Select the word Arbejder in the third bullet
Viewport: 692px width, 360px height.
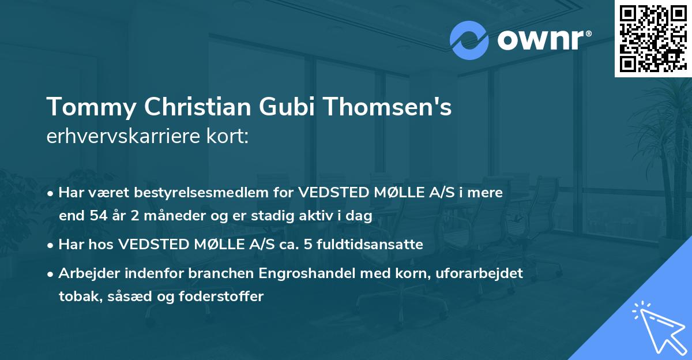click(x=84, y=273)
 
